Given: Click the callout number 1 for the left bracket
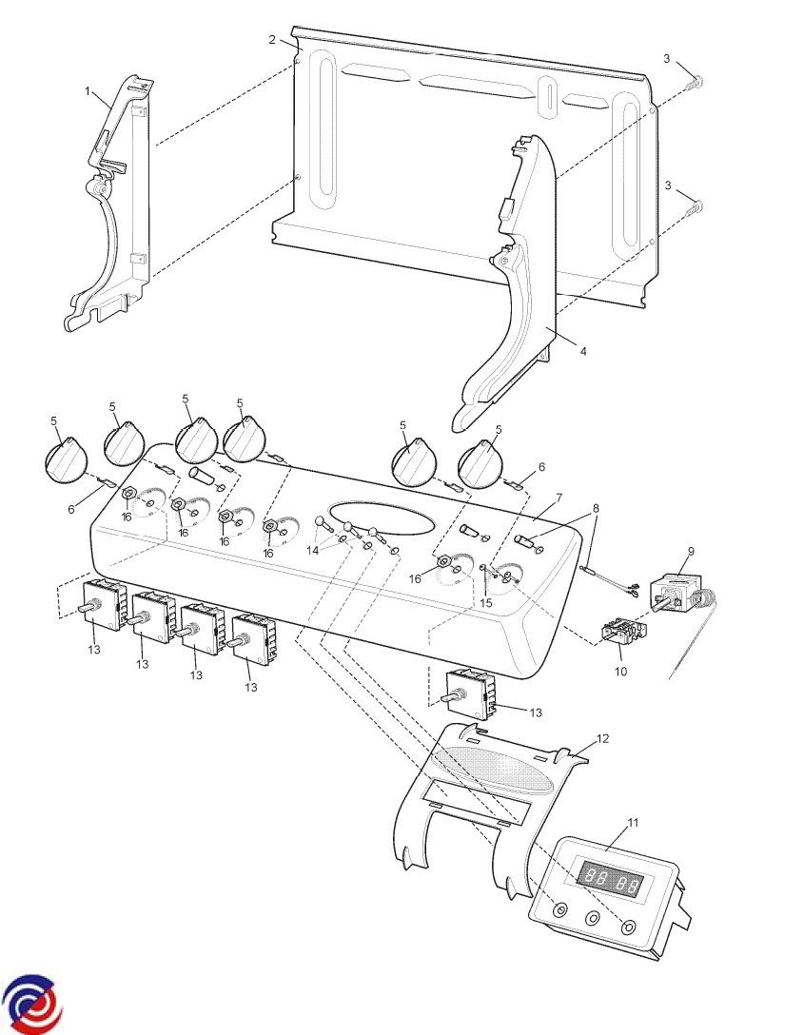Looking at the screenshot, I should click(88, 91).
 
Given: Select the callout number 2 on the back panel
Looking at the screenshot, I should click(272, 40).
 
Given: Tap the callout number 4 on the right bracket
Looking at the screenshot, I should click(583, 351).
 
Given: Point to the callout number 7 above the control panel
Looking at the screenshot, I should click(559, 498).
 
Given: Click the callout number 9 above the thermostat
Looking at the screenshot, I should click(691, 552).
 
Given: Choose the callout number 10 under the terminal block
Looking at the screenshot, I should click(621, 671).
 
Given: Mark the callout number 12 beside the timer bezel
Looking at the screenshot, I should click(602, 738).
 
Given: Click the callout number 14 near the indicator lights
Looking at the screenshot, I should click(312, 551).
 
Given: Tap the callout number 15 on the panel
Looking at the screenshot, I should click(486, 602).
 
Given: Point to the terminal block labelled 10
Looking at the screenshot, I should click(619, 632).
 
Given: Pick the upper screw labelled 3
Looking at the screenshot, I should click(696, 84).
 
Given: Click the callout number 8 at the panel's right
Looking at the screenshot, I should click(597, 509).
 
